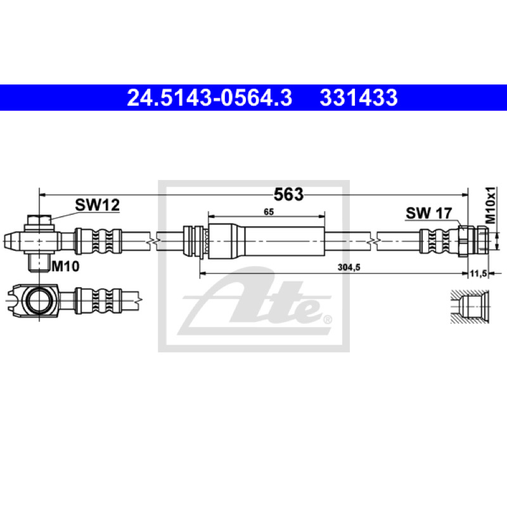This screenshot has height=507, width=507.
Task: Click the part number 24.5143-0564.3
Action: pos(210,98)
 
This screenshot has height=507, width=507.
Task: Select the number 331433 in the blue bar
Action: pos(359,98)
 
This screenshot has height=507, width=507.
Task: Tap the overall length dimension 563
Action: pos(288,195)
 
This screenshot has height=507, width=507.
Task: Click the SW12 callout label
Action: pos(98,205)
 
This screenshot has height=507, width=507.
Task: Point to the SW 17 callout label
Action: pos(429,213)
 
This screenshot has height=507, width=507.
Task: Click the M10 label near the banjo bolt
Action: pos(66,266)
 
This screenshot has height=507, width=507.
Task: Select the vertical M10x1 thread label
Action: pos(491,205)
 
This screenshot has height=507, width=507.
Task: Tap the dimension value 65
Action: pos(269,212)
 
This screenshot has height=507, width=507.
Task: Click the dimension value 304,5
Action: pos(349,267)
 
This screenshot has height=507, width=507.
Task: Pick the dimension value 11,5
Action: pos(478,274)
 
